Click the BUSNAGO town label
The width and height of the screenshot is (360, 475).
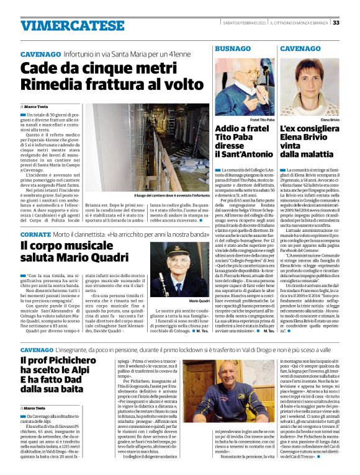coord(233,48)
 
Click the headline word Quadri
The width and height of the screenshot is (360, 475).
coord(118,258)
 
